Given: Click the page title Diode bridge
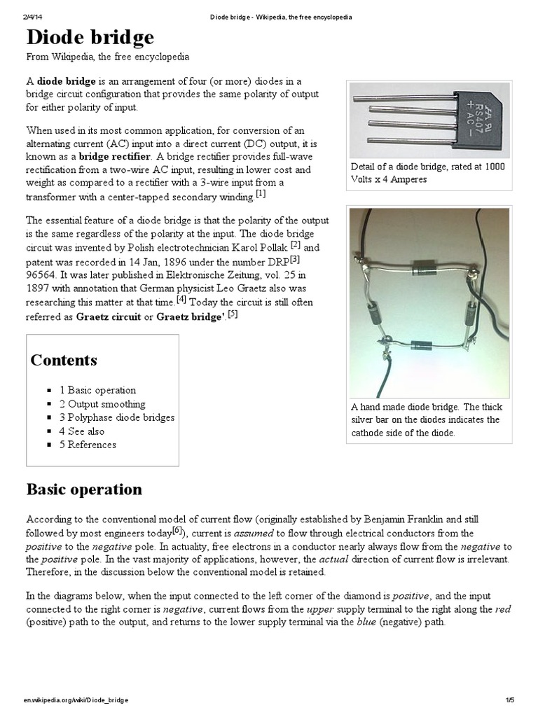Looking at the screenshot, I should coord(90,37).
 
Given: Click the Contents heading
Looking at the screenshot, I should coord(64,361).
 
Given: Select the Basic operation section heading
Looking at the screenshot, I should coord(84,489).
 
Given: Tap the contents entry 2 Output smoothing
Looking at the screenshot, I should coord(102,404).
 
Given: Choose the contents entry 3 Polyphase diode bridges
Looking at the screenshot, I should coord(117,417).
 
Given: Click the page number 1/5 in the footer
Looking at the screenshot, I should coord(509,700).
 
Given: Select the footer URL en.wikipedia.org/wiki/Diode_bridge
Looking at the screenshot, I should coord(76,700).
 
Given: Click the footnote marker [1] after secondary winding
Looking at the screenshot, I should coord(261,194).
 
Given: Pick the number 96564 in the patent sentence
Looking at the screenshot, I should coord(41,274).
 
